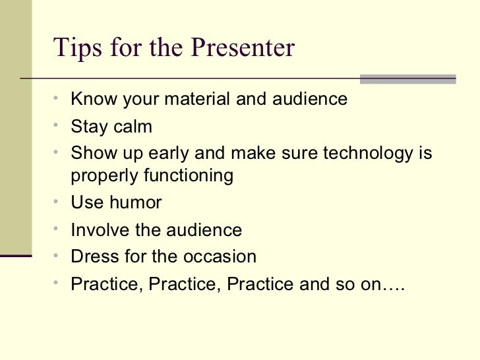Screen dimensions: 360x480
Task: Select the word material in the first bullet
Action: click(x=196, y=100)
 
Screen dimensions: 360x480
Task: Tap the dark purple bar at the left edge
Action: click(x=16, y=257)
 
